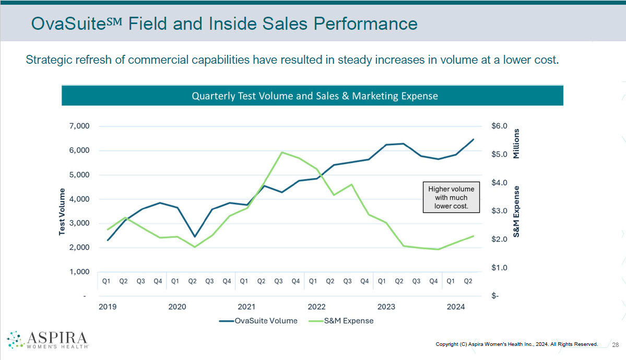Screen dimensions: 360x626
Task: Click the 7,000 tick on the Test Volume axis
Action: (78, 126)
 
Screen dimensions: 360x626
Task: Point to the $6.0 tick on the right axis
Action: (499, 126)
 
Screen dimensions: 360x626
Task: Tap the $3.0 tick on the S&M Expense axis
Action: (499, 211)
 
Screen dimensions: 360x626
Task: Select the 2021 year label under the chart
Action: (246, 307)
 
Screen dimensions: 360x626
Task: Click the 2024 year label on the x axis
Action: (456, 307)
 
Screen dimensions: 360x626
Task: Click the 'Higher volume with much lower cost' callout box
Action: (451, 198)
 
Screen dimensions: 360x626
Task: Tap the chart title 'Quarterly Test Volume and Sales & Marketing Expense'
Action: (314, 96)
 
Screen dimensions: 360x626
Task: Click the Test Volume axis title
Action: (62, 212)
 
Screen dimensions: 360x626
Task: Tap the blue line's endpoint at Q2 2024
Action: (473, 140)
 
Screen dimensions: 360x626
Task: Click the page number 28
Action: (615, 344)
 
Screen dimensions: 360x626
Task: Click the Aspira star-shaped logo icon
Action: (16, 340)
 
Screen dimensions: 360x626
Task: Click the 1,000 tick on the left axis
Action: (78, 272)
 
